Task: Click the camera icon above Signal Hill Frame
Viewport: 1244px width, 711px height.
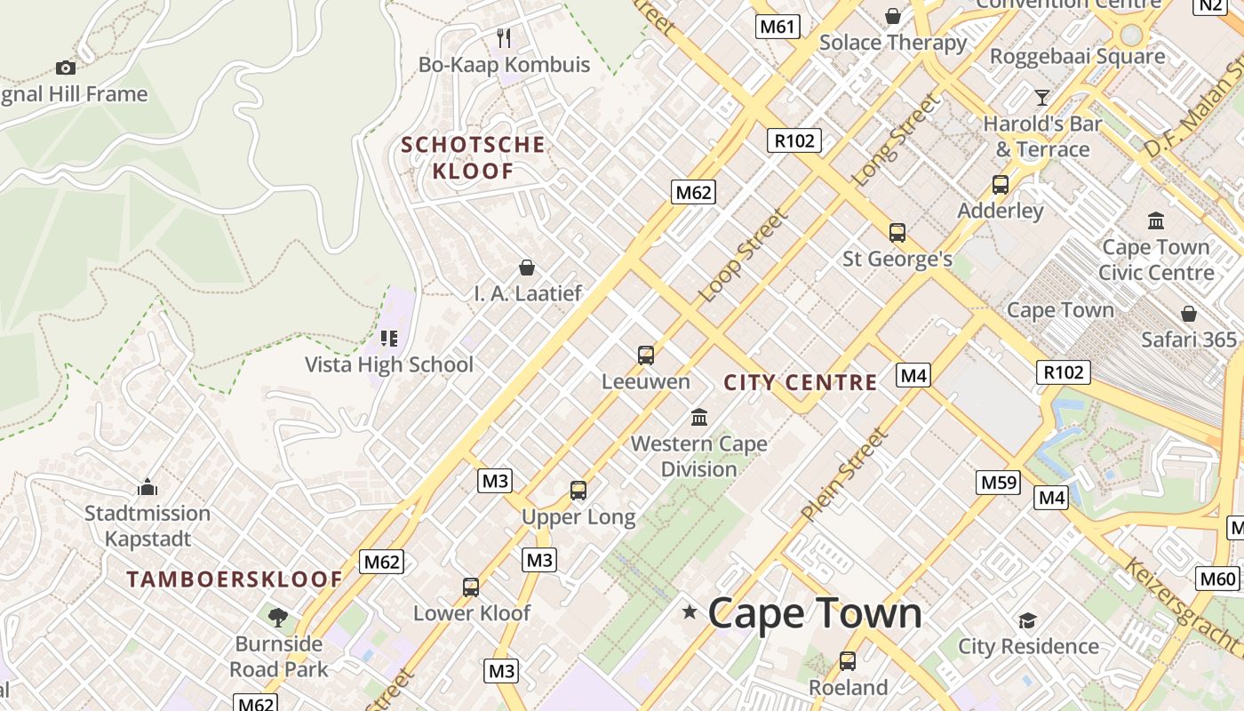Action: click(x=65, y=68)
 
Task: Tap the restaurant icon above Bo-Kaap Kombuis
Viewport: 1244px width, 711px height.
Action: click(x=504, y=37)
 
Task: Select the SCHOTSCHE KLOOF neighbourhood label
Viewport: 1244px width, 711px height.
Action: click(x=473, y=157)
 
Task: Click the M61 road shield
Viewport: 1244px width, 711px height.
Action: click(x=777, y=27)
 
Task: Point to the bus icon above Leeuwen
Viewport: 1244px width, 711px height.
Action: click(x=646, y=355)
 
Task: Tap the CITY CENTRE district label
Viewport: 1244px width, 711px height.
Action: click(x=801, y=383)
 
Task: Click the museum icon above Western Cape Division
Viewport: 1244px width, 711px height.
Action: click(x=699, y=417)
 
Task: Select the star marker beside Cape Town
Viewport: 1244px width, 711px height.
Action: click(x=690, y=611)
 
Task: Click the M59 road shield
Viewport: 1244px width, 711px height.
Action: click(x=998, y=483)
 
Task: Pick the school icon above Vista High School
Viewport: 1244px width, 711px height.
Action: click(x=388, y=339)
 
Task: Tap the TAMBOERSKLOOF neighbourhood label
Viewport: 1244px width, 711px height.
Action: click(x=235, y=579)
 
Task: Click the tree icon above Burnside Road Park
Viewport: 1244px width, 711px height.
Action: click(x=278, y=617)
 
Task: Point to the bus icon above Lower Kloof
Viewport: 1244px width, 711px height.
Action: click(x=471, y=587)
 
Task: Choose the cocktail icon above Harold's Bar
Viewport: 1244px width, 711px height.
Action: click(x=1042, y=97)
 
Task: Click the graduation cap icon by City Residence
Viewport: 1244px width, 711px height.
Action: click(x=1027, y=620)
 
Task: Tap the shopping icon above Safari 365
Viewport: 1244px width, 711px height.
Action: click(x=1189, y=314)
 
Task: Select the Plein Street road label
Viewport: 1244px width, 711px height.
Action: click(x=845, y=475)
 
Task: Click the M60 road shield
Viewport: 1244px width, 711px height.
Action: click(x=1217, y=579)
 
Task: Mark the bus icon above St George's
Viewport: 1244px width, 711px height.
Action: click(x=897, y=233)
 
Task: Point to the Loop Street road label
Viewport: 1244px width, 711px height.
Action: click(x=745, y=255)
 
